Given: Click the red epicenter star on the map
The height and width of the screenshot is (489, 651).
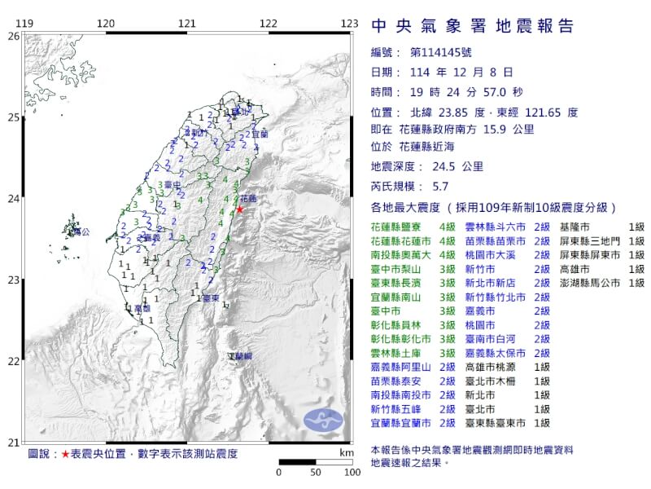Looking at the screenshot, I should tap(239, 209).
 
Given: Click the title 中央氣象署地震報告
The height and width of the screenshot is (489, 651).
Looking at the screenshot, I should tap(472, 26).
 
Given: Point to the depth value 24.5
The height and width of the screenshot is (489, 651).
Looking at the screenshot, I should tap(448, 166).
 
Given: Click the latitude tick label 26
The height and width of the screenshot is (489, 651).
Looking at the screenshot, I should tap(12, 37).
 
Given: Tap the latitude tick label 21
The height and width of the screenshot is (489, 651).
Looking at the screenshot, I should tap(12, 442).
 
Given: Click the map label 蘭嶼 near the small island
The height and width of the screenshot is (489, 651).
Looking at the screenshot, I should tap(240, 357).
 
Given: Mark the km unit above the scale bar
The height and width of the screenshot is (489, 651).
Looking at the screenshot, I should tap(347, 452).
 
